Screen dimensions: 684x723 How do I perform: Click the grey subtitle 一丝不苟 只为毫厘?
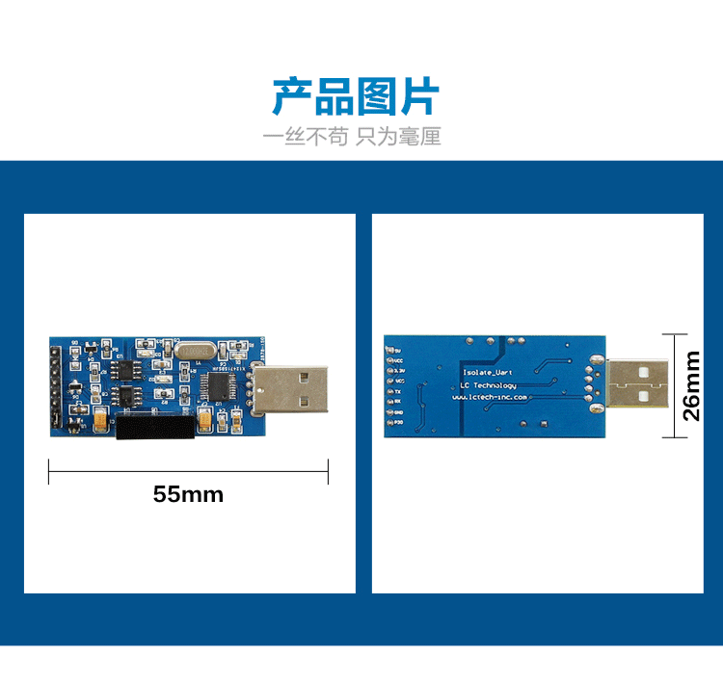coord(352,137)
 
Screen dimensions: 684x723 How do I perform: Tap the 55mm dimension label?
coord(188,495)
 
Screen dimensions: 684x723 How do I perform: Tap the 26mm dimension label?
coord(692,385)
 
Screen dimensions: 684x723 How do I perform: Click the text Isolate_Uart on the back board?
coord(489,371)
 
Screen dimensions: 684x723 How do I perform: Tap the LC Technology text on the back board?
coord(489,384)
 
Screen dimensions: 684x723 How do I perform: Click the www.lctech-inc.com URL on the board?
coord(493,397)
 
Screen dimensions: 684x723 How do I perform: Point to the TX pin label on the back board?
coord(397,393)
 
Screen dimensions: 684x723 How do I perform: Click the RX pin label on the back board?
coord(397,401)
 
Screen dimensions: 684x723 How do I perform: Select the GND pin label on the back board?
coord(398,411)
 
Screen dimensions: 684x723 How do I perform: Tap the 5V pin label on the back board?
coord(398,352)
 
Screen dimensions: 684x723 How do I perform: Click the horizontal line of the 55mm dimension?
coord(188,472)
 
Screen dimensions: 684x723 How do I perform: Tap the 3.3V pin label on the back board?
coord(399,371)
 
